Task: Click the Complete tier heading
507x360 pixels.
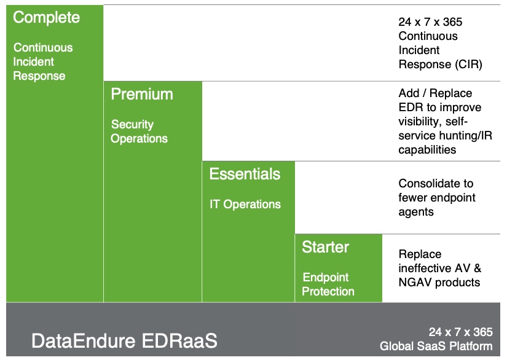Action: click(x=46, y=17)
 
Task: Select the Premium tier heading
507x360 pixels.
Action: click(x=142, y=94)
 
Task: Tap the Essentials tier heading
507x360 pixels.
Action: click(x=245, y=174)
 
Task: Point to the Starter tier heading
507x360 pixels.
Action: click(x=325, y=247)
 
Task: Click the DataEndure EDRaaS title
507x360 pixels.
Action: click(x=125, y=340)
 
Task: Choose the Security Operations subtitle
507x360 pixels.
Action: click(x=139, y=131)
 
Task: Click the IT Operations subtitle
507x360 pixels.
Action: click(x=245, y=204)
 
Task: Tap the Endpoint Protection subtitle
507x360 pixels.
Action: click(x=328, y=284)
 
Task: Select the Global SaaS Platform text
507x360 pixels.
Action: click(x=436, y=346)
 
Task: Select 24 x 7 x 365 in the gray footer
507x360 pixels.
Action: click(x=461, y=332)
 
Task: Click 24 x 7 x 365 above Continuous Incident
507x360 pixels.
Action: click(x=430, y=22)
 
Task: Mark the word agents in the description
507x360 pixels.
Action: click(x=416, y=212)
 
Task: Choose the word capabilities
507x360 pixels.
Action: click(x=427, y=150)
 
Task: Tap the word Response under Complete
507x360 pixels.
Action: click(x=39, y=76)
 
